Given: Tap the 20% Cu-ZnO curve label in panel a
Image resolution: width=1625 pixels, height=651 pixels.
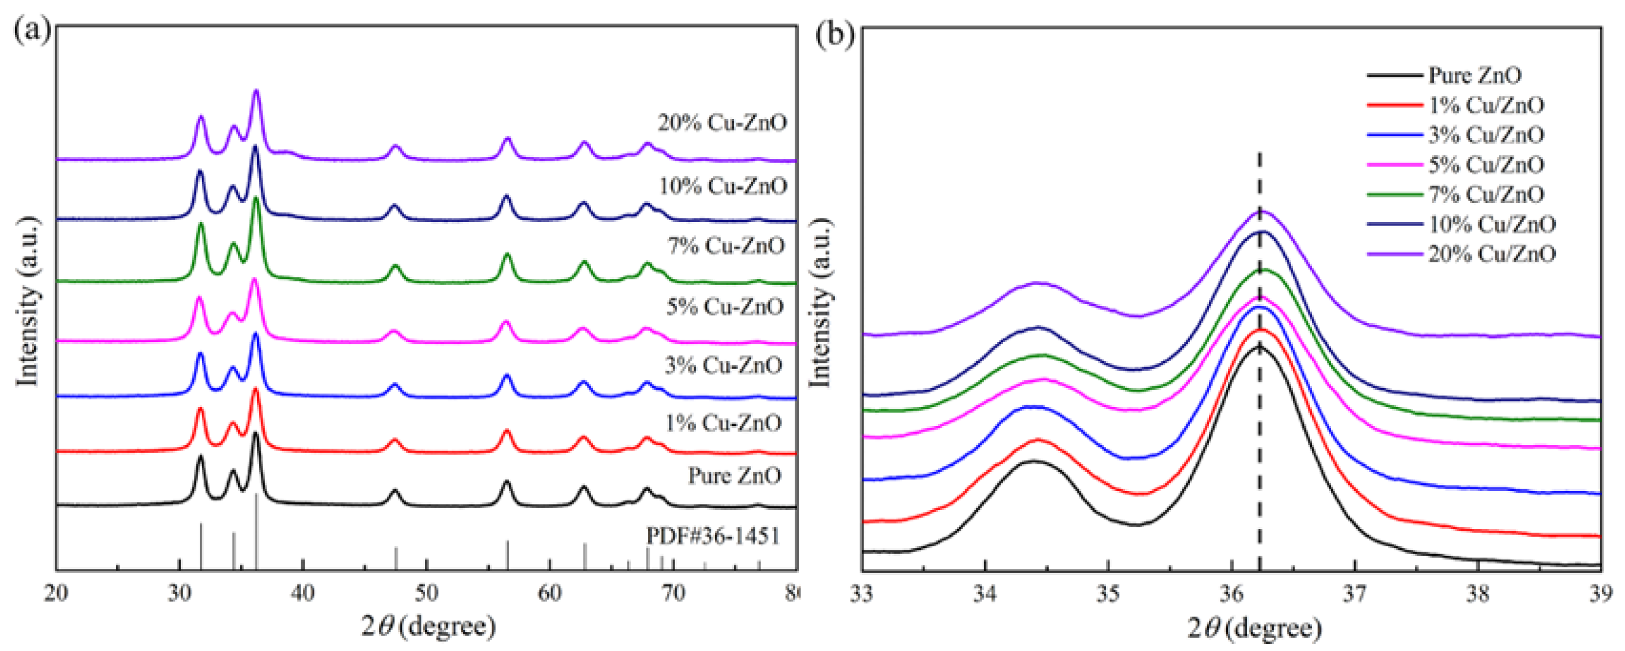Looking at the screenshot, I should pyautogui.click(x=722, y=123).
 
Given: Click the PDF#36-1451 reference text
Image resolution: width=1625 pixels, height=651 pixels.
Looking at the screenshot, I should pyautogui.click(x=713, y=536).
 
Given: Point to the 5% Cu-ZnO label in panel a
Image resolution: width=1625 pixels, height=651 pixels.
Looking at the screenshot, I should pyautogui.click(x=725, y=306).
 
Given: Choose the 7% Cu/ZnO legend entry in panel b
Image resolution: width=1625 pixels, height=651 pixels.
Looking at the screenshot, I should pyautogui.click(x=1486, y=195).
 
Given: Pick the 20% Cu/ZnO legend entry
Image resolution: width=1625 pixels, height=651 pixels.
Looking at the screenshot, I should pyautogui.click(x=1491, y=253).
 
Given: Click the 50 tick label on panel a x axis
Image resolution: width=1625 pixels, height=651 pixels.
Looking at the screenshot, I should pyautogui.click(x=426, y=594).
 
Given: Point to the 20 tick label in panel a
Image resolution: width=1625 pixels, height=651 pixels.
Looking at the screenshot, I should pyautogui.click(x=57, y=594).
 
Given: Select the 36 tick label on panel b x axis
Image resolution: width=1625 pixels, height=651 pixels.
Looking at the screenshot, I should pyautogui.click(x=1232, y=594).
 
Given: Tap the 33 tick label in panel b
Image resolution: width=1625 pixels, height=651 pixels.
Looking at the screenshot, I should pyautogui.click(x=862, y=594).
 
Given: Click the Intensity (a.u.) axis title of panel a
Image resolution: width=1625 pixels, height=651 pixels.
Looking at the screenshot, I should pyautogui.click(x=29, y=302).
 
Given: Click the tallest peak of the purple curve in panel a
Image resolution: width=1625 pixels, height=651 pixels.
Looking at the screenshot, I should pyautogui.click(x=256, y=92).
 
